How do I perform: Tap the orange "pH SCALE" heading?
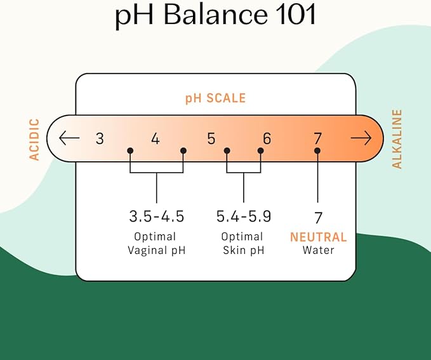(x=216, y=98)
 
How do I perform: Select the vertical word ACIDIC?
(x=34, y=139)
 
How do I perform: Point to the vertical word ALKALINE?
(x=397, y=139)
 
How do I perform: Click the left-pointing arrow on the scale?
(x=69, y=138)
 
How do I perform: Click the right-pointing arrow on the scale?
(x=361, y=138)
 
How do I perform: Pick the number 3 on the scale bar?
(x=100, y=138)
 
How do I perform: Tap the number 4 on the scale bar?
(x=156, y=138)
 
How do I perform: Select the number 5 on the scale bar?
(x=211, y=138)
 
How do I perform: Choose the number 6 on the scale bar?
(x=267, y=138)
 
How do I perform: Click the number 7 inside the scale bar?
(x=318, y=138)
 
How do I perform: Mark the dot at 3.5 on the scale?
(x=130, y=150)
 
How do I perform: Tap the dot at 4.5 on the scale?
(x=183, y=150)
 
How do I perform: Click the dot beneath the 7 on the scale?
(x=317, y=150)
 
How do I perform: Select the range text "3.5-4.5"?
(x=156, y=216)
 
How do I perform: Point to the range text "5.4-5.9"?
(x=244, y=216)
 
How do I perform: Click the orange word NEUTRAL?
(x=318, y=237)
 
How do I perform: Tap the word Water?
(x=318, y=250)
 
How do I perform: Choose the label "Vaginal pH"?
(x=156, y=251)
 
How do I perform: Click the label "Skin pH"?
(x=244, y=251)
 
